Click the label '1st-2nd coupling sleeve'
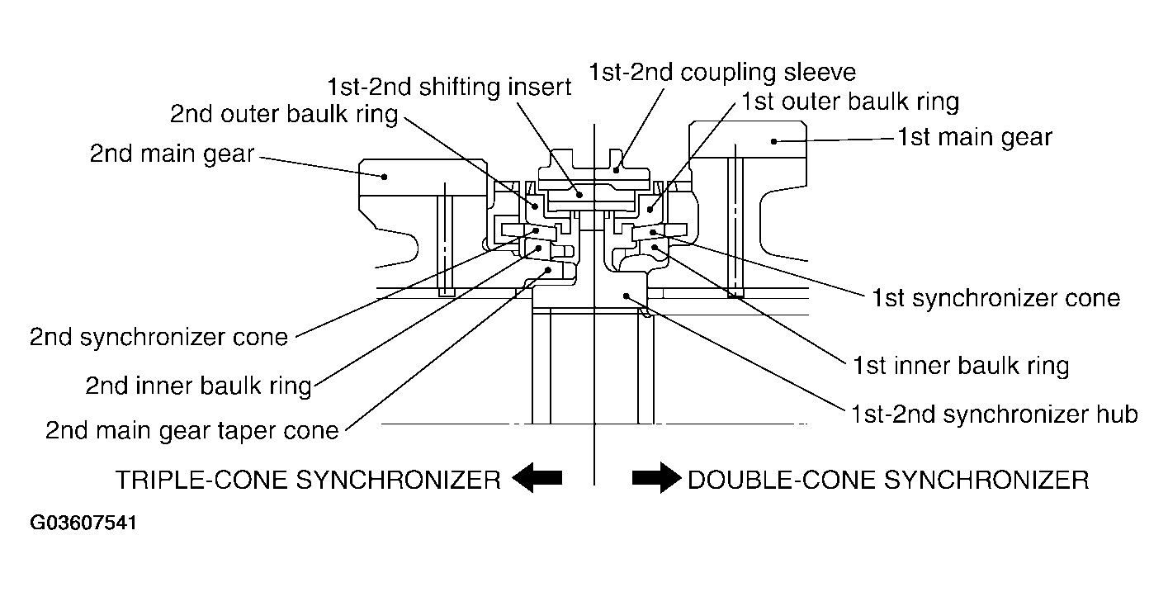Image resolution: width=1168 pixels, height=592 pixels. tap(722, 73)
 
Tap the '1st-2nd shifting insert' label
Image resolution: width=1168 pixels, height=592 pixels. tap(449, 87)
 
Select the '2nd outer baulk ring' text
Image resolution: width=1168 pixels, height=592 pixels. tap(284, 114)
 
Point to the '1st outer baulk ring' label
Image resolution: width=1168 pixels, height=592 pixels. tap(850, 102)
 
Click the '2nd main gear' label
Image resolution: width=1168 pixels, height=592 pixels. tap(172, 154)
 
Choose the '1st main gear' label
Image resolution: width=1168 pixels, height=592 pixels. tap(975, 137)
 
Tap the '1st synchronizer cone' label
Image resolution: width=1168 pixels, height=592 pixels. tap(996, 298)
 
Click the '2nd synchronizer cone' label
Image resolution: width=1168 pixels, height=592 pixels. tap(158, 337)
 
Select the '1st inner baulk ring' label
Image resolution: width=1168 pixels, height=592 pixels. tap(961, 366)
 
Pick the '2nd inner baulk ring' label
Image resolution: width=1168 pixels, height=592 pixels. tap(199, 386)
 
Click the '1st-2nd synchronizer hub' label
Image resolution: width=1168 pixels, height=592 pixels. tap(995, 414)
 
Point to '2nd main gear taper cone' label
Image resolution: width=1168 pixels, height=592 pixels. tap(192, 431)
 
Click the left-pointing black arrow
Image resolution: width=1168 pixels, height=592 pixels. tap(537, 478)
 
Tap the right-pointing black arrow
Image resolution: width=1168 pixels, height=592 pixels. tap(656, 478)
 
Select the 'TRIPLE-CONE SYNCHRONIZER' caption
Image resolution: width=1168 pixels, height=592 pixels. tap(308, 480)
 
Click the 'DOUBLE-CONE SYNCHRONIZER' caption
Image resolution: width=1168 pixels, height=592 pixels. tap(888, 480)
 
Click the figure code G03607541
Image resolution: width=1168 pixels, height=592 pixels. tap(83, 523)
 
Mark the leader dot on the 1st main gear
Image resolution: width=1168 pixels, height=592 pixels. tap(773, 141)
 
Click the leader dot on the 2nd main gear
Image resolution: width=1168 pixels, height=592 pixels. tap(385, 177)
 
